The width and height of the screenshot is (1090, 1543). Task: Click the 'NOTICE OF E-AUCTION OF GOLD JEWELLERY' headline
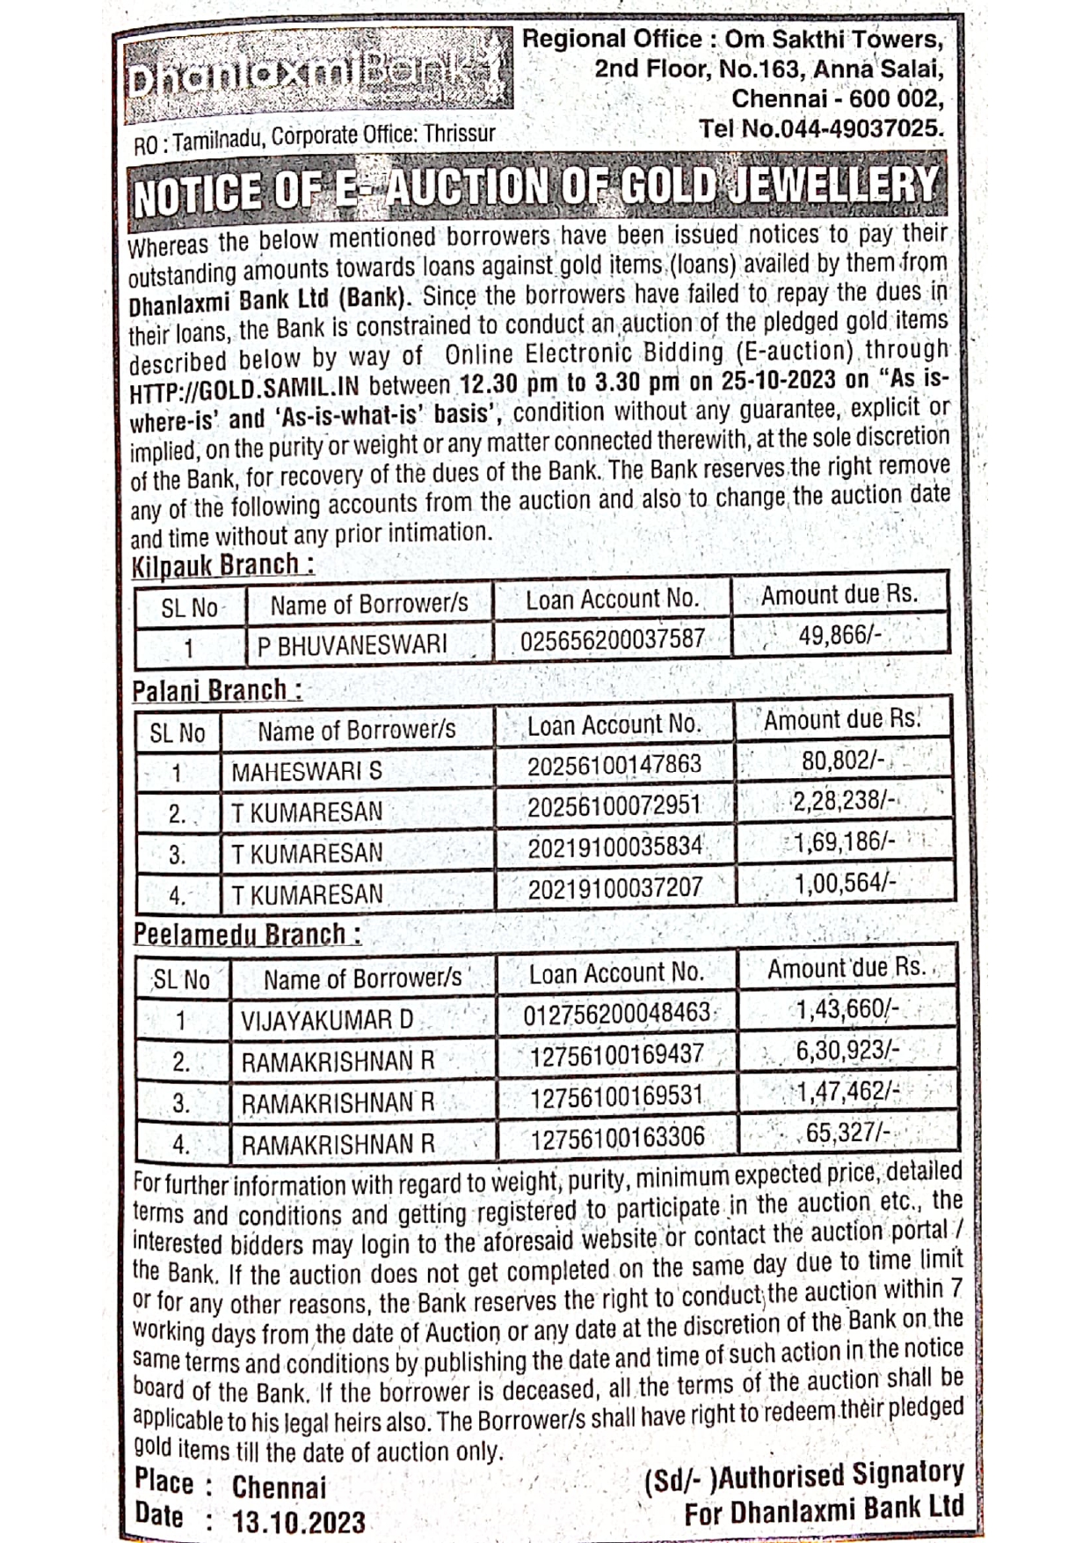pyautogui.click(x=536, y=188)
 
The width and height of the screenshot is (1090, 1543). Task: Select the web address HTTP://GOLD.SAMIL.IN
pyautogui.click(x=245, y=389)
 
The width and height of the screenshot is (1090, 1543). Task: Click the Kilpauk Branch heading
pyautogui.click(x=222, y=565)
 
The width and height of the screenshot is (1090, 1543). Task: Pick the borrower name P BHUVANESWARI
pyautogui.click(x=352, y=644)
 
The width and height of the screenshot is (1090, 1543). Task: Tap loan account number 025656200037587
pyautogui.click(x=612, y=639)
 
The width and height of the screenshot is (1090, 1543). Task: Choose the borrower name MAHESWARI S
pyautogui.click(x=307, y=772)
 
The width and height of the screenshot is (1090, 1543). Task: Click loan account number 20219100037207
pyautogui.click(x=614, y=889)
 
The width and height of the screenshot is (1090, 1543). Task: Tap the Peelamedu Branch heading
pyautogui.click(x=246, y=934)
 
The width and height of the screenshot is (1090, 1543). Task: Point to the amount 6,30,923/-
pyautogui.click(x=847, y=1050)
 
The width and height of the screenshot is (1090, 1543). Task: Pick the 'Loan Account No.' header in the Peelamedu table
pyautogui.click(x=616, y=972)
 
